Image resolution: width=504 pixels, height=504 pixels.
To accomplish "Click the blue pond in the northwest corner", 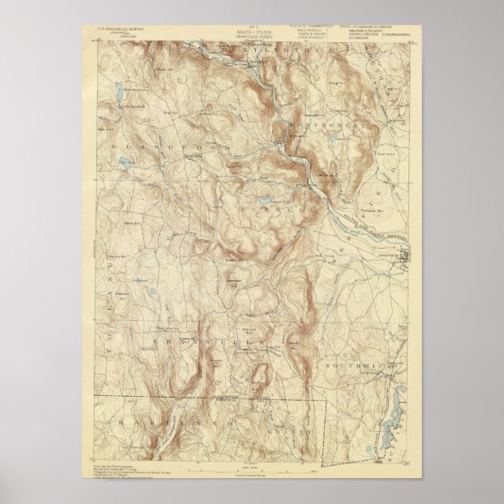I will pyautogui.click(x=117, y=85).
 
